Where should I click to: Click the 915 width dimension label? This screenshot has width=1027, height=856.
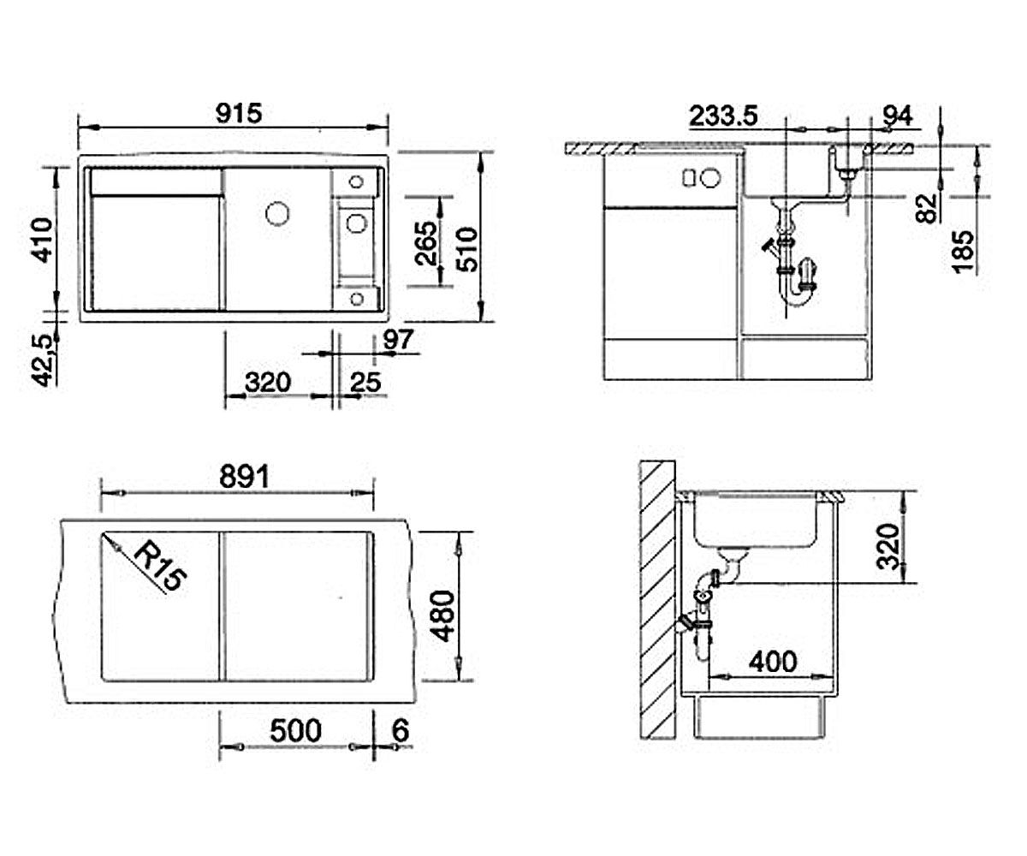coord(239,113)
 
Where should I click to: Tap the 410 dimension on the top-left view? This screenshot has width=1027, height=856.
coord(41,240)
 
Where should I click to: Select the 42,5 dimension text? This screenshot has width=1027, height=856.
coord(44,361)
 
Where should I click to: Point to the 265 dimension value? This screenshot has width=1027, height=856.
coord(425,244)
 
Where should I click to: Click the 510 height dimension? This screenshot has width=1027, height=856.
coord(466,249)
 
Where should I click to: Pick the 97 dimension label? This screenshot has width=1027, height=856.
coord(399,340)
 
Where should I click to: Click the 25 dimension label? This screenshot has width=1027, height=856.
coord(365,383)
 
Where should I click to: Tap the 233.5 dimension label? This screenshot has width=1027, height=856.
coord(723,116)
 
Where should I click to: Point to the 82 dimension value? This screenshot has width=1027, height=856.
coord(927,209)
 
